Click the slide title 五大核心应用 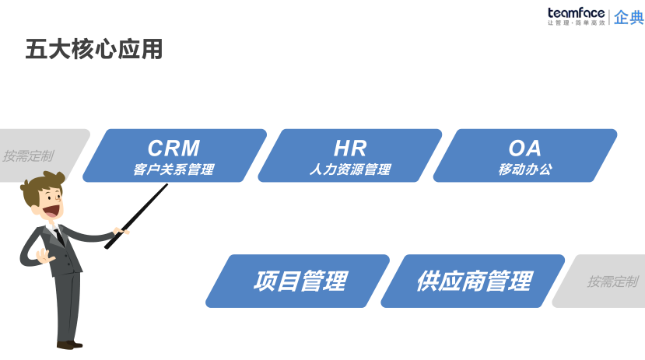point(94,49)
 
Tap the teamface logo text point(577,12)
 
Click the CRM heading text point(174,148)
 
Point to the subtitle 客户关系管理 point(174,170)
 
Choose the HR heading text point(349,148)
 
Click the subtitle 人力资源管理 point(349,170)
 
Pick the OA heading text point(524,148)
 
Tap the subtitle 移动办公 point(524,170)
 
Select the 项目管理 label point(300,281)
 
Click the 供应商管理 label point(474,281)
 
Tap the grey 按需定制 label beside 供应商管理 point(612,281)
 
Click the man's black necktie point(60,237)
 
